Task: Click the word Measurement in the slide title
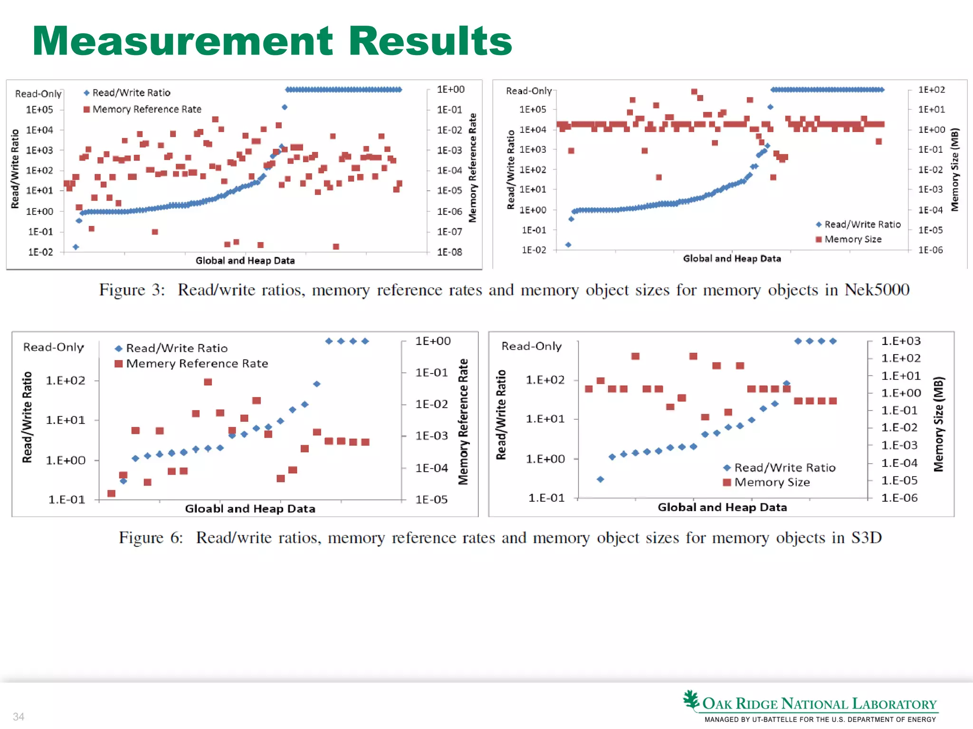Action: pyautogui.click(x=183, y=41)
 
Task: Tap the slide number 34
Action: pyautogui.click(x=19, y=717)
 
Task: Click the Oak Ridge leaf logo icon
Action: pyautogui.click(x=691, y=701)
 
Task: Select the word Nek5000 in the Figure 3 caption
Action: pyautogui.click(x=877, y=290)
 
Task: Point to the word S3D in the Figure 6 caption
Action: pyautogui.click(x=866, y=537)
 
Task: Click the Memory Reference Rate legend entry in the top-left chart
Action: pyautogui.click(x=146, y=109)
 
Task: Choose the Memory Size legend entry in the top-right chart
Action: pyautogui.click(x=852, y=239)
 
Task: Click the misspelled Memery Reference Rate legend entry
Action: pyautogui.click(x=197, y=364)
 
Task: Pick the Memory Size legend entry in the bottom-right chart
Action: pyautogui.click(x=772, y=482)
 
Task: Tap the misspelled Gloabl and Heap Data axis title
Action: pyautogui.click(x=250, y=509)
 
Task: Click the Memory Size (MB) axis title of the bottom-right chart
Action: pyautogui.click(x=938, y=424)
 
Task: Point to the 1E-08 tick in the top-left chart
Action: pyautogui.click(x=449, y=252)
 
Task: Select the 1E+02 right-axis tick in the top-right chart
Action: pyautogui.click(x=931, y=90)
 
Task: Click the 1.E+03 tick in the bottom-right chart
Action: pyautogui.click(x=901, y=341)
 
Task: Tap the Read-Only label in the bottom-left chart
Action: pyautogui.click(x=54, y=347)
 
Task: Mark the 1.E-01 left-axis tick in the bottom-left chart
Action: pyautogui.click(x=67, y=499)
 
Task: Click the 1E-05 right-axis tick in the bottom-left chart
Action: pyautogui.click(x=431, y=499)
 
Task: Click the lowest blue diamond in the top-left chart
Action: pyautogui.click(x=76, y=247)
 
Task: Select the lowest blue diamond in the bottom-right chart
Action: pyautogui.click(x=601, y=479)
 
